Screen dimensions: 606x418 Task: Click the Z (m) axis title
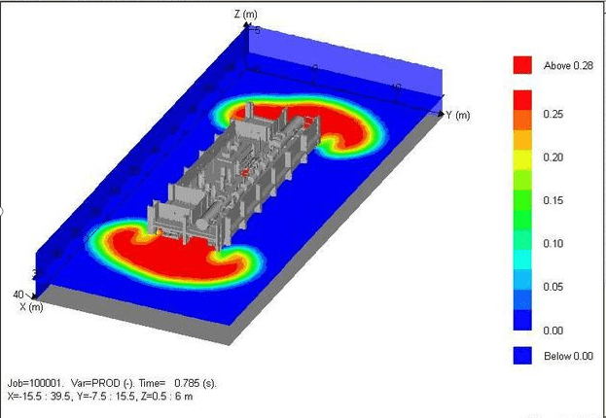245,14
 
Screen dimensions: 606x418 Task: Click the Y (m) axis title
458,115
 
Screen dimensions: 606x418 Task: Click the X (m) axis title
31,307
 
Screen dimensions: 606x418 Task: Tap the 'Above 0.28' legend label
568,66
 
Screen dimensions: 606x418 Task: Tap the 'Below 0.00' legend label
568,356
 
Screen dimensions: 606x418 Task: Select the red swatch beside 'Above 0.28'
522,65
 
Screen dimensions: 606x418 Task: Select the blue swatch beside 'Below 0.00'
522,356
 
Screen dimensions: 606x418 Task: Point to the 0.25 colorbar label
553,115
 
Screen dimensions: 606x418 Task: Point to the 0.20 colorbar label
553,157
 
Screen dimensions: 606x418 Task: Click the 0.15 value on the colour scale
553,200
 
